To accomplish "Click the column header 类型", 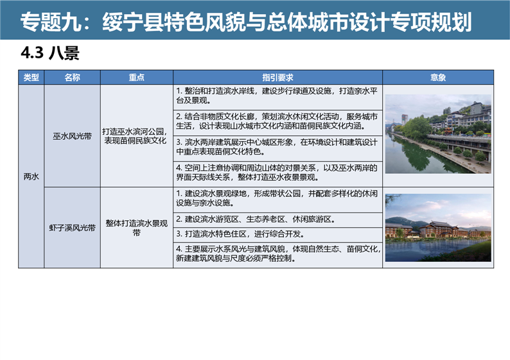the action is [31, 78].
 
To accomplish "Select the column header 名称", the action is [72, 78].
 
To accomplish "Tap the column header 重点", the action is [137, 78].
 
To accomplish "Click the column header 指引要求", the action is [277, 78].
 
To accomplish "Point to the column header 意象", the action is [438, 78].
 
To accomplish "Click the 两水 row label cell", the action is [31, 176].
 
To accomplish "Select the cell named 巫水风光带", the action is [72, 136].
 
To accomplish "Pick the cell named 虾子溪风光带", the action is [72, 228].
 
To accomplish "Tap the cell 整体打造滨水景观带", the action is [137, 228].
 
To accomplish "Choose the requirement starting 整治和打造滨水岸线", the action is [277, 96].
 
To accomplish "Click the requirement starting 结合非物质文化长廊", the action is [277, 121].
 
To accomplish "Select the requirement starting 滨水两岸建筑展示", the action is [277, 147].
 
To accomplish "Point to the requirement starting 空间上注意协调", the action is [277, 173].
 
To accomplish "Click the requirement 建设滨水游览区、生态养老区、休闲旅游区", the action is [256, 219].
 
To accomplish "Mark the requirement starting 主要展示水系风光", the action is [278, 253].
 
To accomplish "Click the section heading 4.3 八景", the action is [50, 53].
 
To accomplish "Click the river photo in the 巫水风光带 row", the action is [438, 134].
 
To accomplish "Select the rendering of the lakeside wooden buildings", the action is [438, 228].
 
